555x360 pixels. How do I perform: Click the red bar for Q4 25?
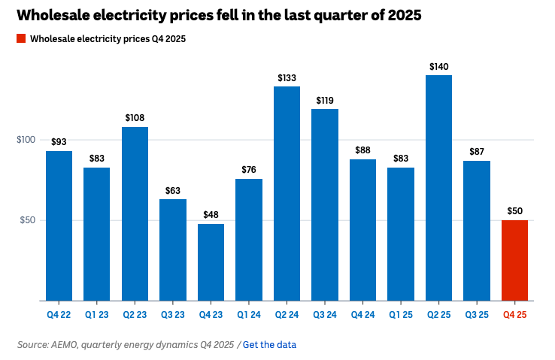(x=514, y=260)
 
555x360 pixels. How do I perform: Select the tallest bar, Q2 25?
(x=438, y=188)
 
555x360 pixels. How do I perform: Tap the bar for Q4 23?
(x=211, y=262)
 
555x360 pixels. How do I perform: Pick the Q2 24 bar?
(x=287, y=193)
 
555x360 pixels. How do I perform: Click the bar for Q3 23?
(x=173, y=250)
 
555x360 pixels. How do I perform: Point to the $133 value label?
(x=287, y=77)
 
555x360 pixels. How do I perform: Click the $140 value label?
(x=438, y=66)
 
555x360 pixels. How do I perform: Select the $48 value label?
(x=211, y=215)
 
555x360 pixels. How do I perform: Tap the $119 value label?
(x=325, y=100)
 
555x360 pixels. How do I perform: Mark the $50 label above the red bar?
(x=514, y=211)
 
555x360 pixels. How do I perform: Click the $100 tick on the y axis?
(x=26, y=140)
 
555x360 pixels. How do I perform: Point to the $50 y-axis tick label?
(x=28, y=220)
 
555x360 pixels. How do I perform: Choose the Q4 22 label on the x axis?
(x=59, y=315)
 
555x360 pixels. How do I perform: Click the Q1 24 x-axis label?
(x=249, y=315)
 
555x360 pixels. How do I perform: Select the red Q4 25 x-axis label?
(x=514, y=315)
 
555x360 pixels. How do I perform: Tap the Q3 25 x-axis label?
(x=477, y=315)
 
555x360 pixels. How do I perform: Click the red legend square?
(x=20, y=38)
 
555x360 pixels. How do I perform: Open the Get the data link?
(x=269, y=344)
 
